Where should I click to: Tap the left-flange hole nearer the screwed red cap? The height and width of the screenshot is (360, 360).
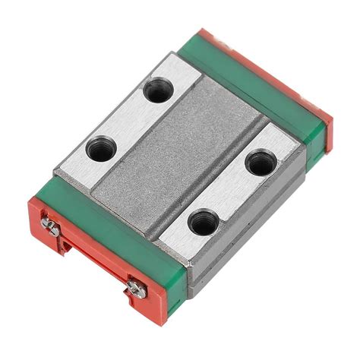tap(99, 149)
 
